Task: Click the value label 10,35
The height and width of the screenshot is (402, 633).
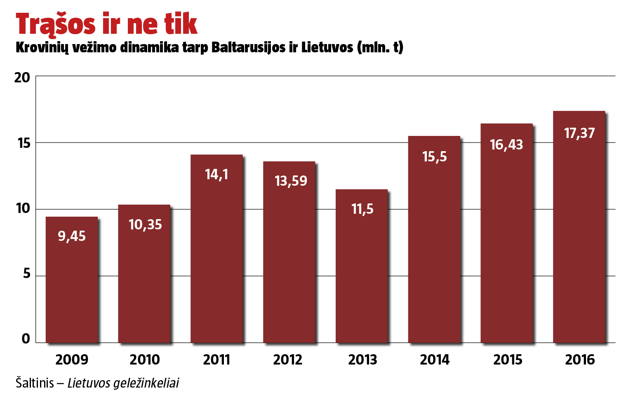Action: click(x=145, y=224)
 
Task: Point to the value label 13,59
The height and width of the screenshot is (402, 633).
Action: click(x=291, y=181)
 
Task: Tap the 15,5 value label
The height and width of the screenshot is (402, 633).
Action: click(x=435, y=157)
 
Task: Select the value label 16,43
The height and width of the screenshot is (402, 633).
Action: click(x=506, y=145)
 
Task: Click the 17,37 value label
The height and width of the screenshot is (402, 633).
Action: click(x=579, y=133)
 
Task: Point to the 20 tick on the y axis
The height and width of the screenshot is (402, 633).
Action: click(x=22, y=77)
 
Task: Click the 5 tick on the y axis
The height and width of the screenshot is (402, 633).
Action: click(x=27, y=273)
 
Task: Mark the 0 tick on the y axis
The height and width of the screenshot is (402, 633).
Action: click(x=26, y=339)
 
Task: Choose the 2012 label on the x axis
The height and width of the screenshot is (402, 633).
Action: click(x=288, y=360)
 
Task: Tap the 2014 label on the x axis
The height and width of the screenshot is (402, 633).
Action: click(x=435, y=360)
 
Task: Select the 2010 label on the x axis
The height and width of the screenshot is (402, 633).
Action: click(x=145, y=360)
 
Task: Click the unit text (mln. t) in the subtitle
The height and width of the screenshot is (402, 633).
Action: click(x=380, y=47)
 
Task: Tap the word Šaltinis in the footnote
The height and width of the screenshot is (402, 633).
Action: click(x=35, y=383)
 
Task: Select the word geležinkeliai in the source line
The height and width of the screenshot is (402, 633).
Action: click(x=146, y=383)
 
